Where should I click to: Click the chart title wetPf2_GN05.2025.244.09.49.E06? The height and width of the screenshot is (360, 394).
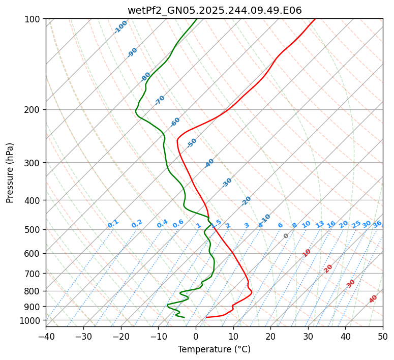coord(214,9)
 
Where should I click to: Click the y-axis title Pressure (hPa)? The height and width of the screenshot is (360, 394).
coord(10,173)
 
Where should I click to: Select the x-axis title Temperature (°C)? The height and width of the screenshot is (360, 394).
coord(214,349)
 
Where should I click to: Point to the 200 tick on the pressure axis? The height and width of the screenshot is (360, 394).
coord(34,110)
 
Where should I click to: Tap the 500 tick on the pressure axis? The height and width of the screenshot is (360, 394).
coord(34,230)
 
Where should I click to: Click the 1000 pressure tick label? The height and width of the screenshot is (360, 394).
coord(32,320)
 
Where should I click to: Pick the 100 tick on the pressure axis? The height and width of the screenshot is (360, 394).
coord(34,19)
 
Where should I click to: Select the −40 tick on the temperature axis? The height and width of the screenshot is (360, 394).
coord(46,336)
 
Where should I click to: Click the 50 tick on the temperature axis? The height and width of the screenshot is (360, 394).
coord(383,336)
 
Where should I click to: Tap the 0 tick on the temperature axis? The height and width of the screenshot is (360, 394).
coord(196,336)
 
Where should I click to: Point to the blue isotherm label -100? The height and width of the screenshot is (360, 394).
coord(120,27)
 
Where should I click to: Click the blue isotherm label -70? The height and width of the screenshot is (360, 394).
coord(160,100)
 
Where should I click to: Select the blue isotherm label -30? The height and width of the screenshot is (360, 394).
coord(227,183)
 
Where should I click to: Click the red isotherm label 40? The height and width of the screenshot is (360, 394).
coord(373,299)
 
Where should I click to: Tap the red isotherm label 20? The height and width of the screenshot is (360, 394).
coord(328,268)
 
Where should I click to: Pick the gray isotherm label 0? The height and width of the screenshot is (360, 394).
coord(286,236)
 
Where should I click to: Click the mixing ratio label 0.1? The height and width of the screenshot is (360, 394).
coord(113,223)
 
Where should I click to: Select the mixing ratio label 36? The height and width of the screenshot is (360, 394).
coord(377,224)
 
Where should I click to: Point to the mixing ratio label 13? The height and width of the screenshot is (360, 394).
coord(320,224)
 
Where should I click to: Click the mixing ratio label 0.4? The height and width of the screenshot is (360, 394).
coord(162,224)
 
